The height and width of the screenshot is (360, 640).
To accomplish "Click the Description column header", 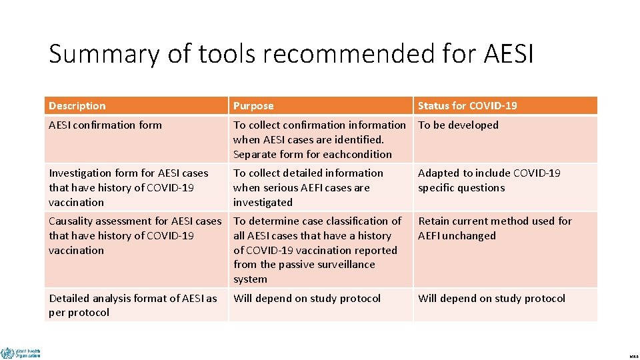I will [77, 106].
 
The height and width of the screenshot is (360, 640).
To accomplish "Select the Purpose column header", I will [253, 106].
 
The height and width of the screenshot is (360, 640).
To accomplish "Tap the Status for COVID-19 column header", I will [467, 106].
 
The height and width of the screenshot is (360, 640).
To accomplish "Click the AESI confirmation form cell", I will [105, 125].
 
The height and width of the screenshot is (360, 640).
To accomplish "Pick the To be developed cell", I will [458, 125].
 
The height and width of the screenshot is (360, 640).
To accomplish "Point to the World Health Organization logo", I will [20, 353].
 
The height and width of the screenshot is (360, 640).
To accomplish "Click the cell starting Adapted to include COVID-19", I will [489, 180].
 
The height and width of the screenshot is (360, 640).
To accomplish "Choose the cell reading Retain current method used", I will [495, 228].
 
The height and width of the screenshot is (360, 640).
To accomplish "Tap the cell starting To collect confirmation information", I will [319, 139].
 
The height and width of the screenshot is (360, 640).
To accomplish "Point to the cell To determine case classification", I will [317, 249].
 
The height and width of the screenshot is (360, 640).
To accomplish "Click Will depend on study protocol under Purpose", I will [307, 299].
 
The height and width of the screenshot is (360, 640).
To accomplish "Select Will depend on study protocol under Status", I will [491, 299].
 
